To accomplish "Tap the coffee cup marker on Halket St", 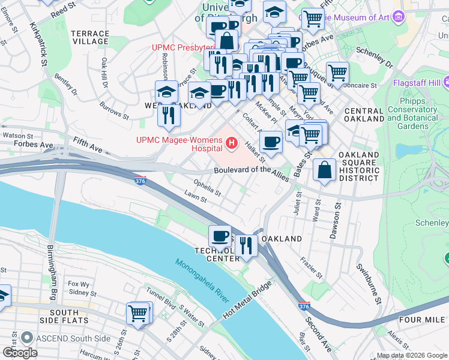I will pyautogui.click(x=271, y=142).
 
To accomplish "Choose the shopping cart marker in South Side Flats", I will pyautogui.click(x=138, y=313).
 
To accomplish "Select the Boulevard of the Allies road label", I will pyautogui.click(x=251, y=170).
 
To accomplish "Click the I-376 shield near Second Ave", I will pyautogui.click(x=304, y=306).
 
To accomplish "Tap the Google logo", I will pyautogui.click(x=20, y=352).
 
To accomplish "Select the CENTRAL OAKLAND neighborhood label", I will pyautogui.click(x=364, y=115).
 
